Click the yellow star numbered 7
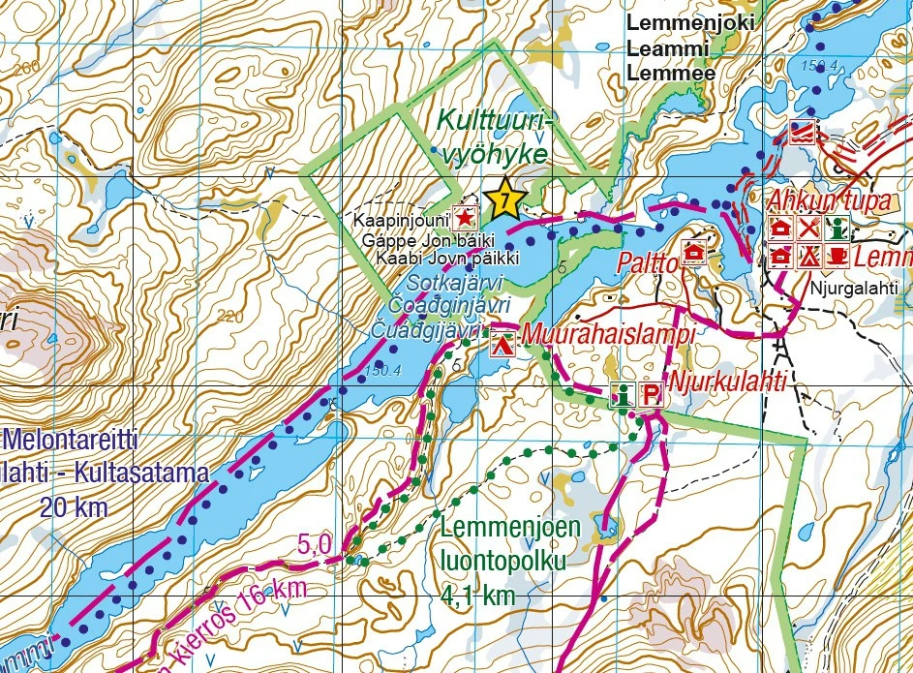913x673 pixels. coord(505,200)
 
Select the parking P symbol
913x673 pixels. coord(652,395)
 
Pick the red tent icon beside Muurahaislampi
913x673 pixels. coord(502,342)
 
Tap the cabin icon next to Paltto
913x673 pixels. coord(694,252)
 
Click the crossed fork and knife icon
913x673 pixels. coord(810,229)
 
